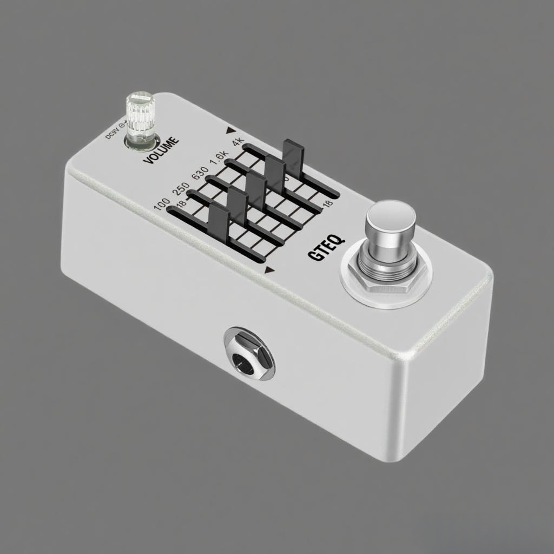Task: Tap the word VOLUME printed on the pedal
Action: point(161,151)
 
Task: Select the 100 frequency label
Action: point(161,205)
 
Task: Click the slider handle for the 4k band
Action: point(294,154)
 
